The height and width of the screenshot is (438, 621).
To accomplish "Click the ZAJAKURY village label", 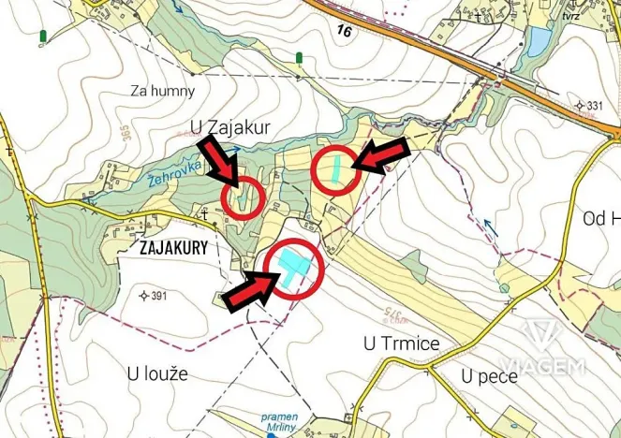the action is coord(171,250).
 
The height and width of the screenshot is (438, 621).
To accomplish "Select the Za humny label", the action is coord(163,91).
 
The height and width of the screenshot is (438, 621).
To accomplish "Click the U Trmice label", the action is coord(401,343).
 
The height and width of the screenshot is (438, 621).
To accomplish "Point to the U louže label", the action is coord(157,372).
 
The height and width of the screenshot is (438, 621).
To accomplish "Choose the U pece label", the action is coord(488,375).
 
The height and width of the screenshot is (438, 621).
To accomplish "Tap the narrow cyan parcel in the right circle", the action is coord(335,168).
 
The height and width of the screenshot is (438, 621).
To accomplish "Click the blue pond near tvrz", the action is coord(539,41).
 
